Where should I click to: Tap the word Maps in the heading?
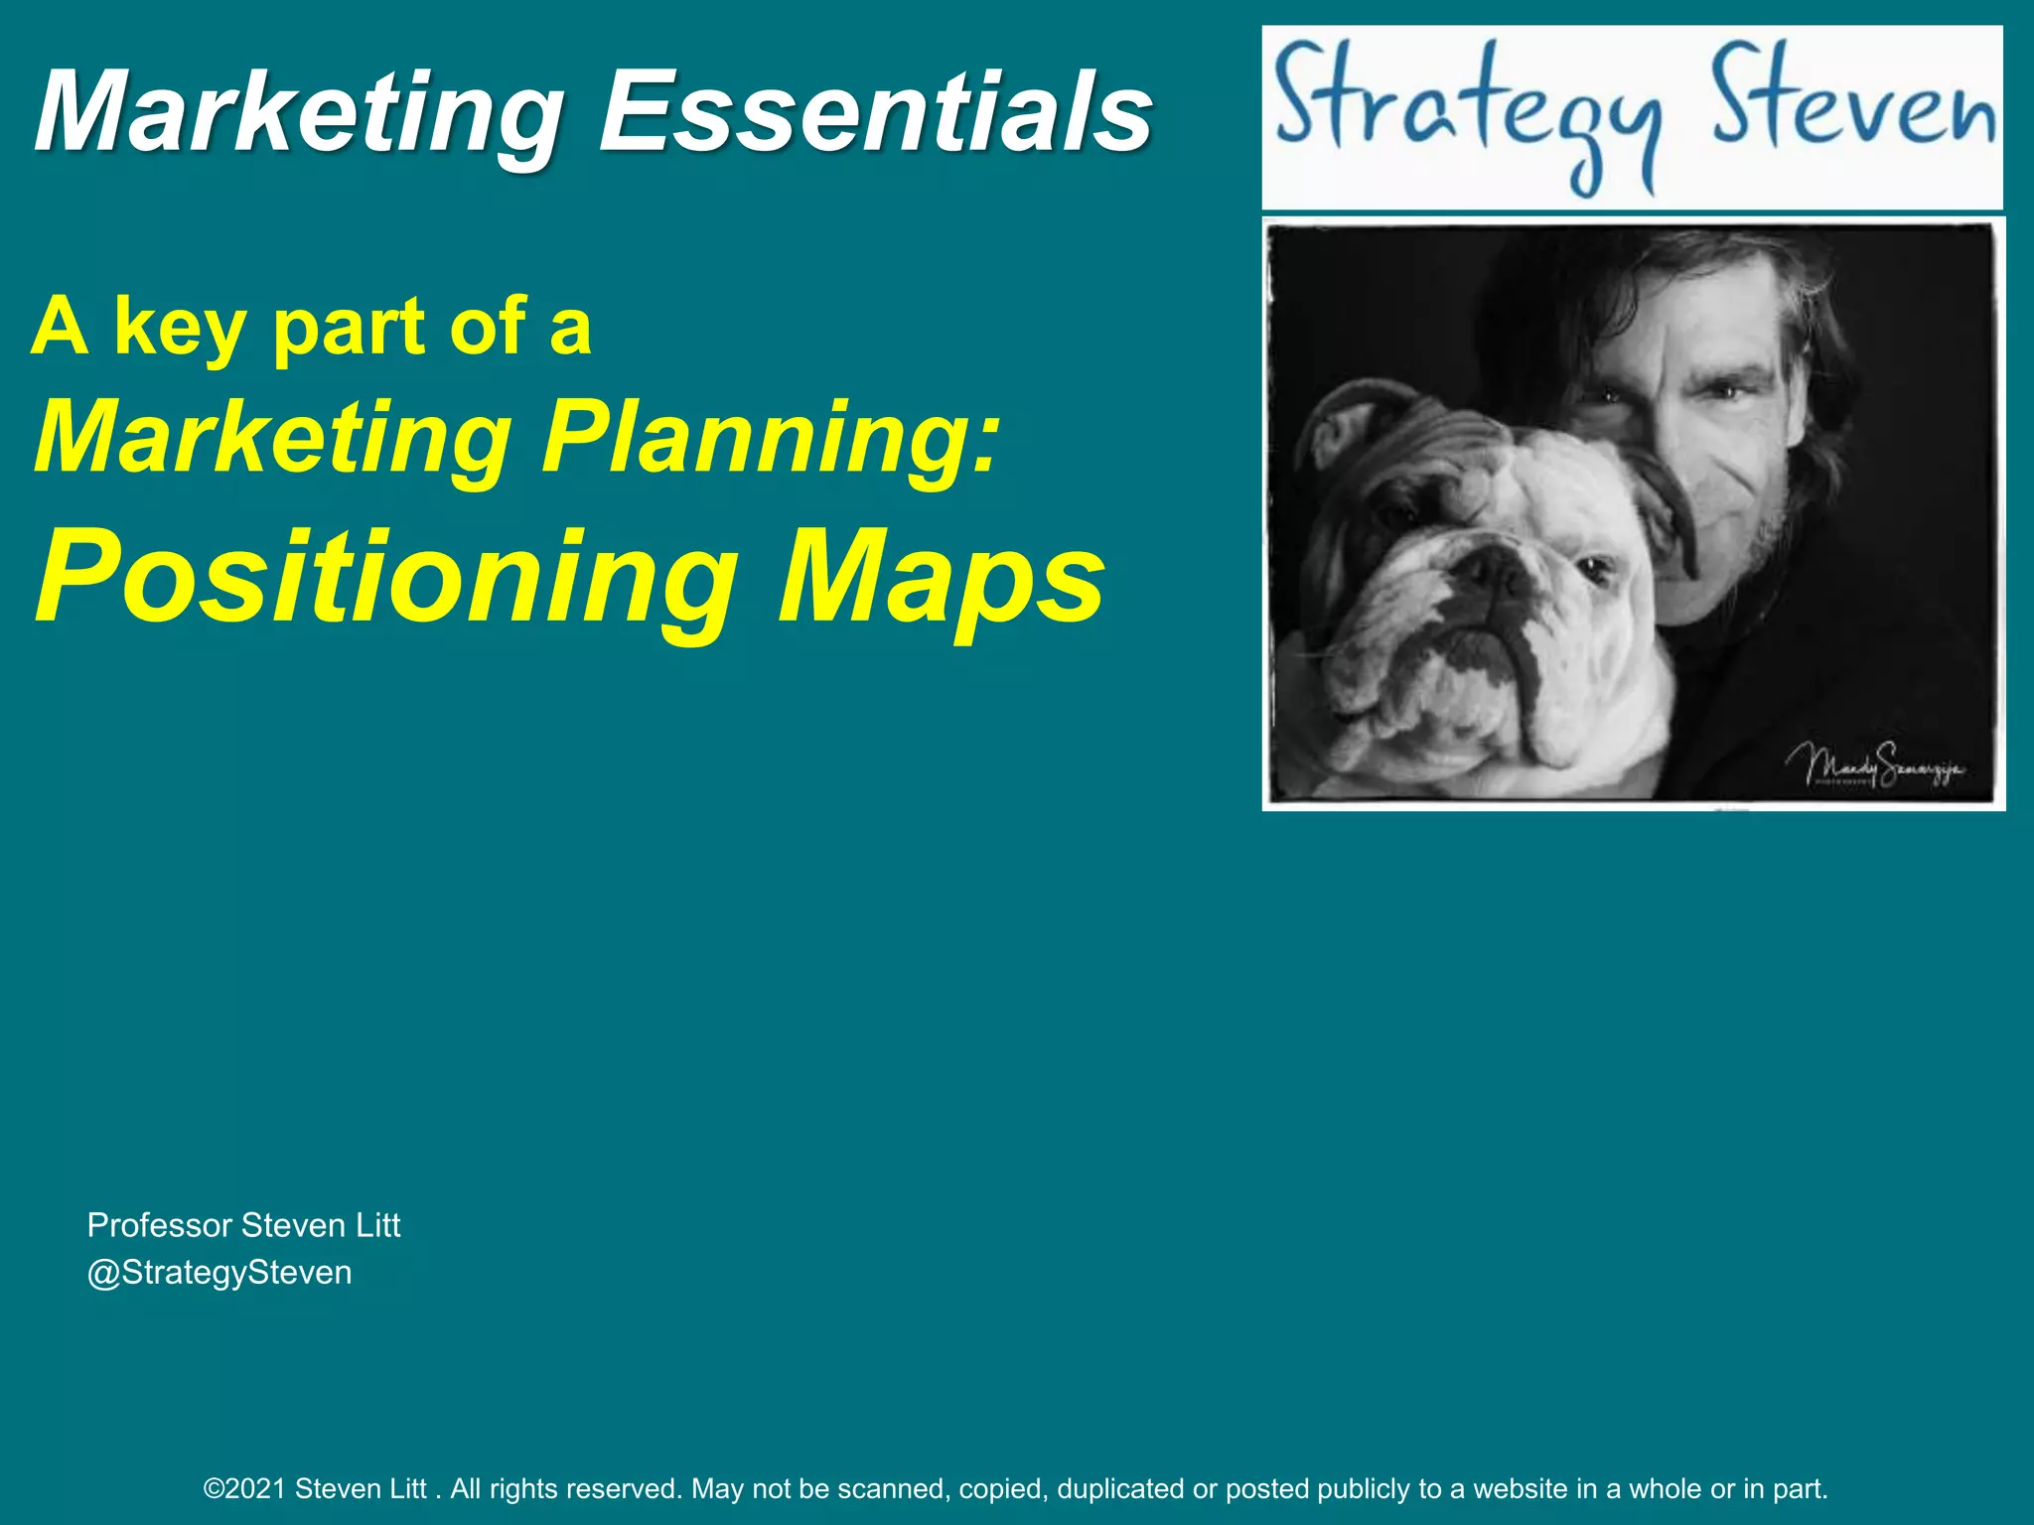940,578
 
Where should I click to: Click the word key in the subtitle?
179,328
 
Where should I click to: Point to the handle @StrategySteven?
219,1272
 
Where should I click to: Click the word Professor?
160,1225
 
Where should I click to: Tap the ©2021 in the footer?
244,1488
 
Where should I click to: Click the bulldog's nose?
1487,572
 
